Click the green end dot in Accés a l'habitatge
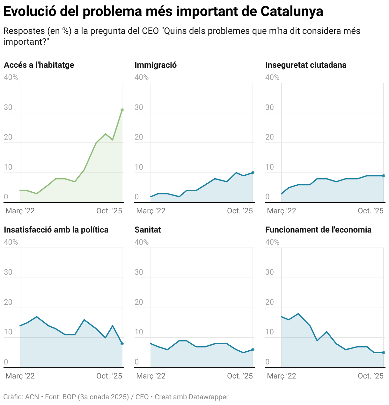pos(122,110)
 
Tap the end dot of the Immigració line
pos(253,173)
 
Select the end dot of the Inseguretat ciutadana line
pos(384,176)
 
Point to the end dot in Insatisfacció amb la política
pos(122,344)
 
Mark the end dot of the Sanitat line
pos(253,350)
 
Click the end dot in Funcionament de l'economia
pos(384,353)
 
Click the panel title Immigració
pos(156,65)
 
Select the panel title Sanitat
pos(148,230)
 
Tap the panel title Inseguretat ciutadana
pos(306,65)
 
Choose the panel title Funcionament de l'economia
pos(318,230)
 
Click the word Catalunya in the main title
pos(292,11)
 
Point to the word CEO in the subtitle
pos(150,31)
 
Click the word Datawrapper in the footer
pos(209,397)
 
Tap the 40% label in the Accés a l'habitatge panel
pos(11,77)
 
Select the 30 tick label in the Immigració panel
pos(139,107)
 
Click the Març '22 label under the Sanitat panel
pos(151,376)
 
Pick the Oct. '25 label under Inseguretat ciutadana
pos(371,211)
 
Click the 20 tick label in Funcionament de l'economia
pos(269,302)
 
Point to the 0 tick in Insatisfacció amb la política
pos(6,362)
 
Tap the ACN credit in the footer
pos(32,397)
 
